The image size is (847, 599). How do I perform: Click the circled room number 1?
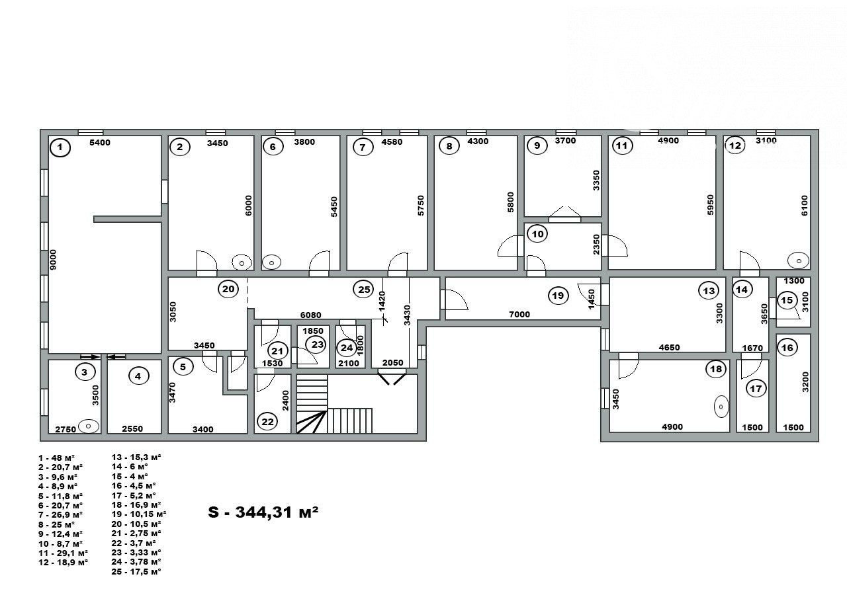click(60, 147)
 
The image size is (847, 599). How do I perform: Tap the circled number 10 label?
click(537, 234)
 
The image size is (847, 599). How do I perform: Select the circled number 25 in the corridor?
click(364, 290)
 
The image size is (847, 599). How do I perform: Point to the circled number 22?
click(267, 422)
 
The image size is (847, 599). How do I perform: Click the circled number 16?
click(787, 348)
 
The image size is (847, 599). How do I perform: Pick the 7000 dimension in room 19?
click(519, 314)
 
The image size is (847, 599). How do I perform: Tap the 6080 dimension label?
click(310, 315)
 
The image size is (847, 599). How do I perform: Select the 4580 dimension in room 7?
click(392, 142)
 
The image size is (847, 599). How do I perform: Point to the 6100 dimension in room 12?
click(804, 206)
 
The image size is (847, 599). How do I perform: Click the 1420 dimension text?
click(382, 301)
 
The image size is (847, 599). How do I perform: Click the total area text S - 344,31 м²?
click(263, 512)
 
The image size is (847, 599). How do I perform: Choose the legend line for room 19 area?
click(139, 514)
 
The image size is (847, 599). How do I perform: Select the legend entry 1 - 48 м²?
click(57, 458)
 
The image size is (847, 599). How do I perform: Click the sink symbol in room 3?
click(88, 426)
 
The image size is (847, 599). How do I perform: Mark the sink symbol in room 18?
click(721, 407)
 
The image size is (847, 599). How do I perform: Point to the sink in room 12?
click(798, 260)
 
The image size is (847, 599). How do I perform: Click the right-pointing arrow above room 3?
click(90, 356)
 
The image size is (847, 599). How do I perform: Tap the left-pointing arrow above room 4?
click(116, 356)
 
